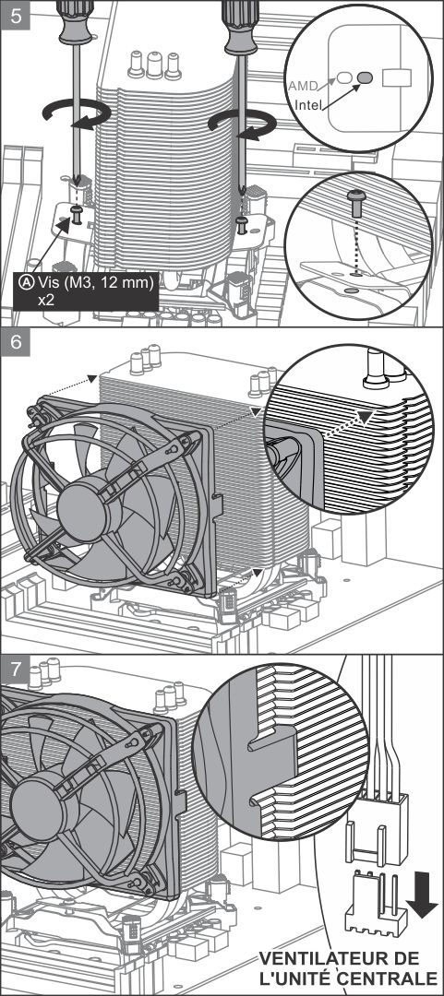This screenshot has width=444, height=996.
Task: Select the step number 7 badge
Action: pyautogui.click(x=16, y=670)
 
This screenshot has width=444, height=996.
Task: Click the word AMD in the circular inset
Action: pyautogui.click(x=302, y=85)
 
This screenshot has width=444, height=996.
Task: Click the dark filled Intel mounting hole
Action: pyautogui.click(x=365, y=77)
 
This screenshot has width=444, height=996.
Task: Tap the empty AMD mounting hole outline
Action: pyautogui.click(x=343, y=77)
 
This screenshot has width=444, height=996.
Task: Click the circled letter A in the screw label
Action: pyautogui.click(x=27, y=283)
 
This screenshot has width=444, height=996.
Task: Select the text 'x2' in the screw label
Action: pyautogui.click(x=45, y=299)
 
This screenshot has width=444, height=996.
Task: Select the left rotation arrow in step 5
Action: pyautogui.click(x=77, y=115)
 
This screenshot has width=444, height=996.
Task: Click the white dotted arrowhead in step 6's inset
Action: pyautogui.click(x=364, y=417)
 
